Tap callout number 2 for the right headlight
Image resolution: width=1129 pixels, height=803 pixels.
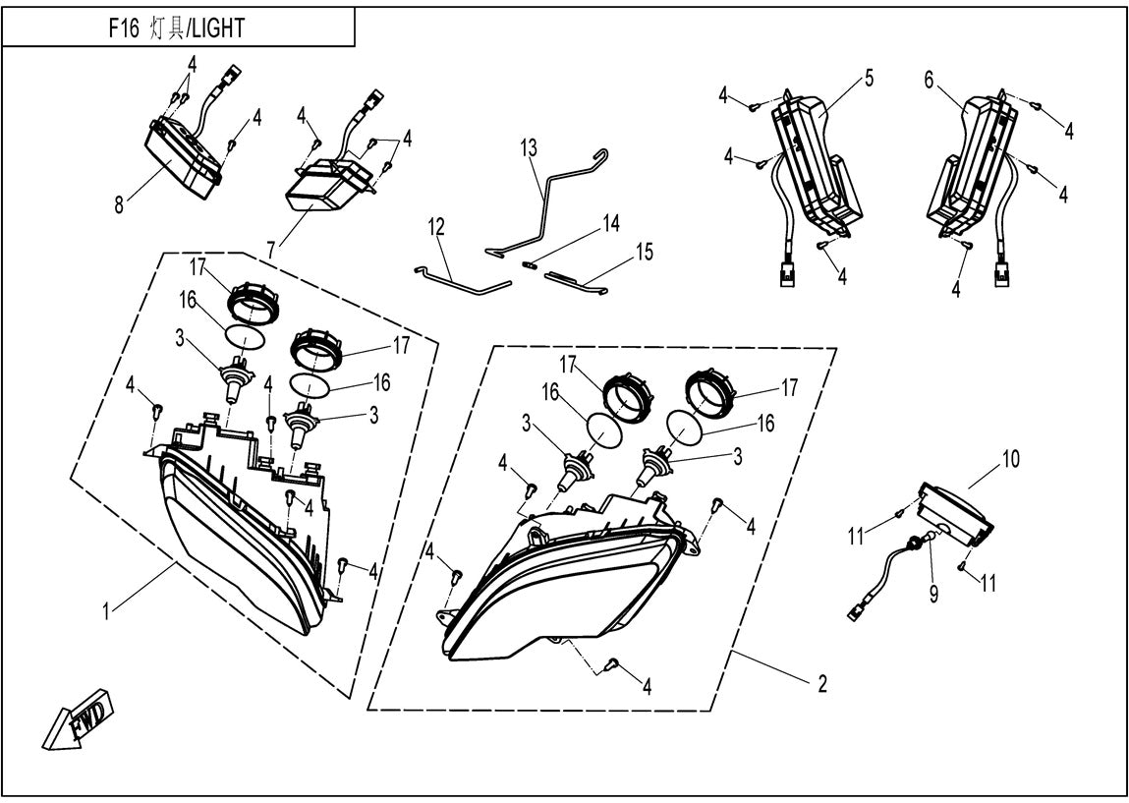click(x=821, y=683)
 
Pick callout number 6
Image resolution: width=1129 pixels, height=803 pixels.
click(x=929, y=83)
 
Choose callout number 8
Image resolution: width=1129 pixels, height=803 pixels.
click(x=119, y=206)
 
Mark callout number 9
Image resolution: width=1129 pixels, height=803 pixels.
click(x=933, y=593)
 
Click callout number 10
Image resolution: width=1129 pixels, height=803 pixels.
click(x=1011, y=458)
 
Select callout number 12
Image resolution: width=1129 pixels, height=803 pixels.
click(x=436, y=228)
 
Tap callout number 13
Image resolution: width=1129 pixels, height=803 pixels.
click(x=529, y=148)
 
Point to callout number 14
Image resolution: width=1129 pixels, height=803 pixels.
click(x=611, y=225)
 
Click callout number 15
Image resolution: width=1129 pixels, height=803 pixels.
click(x=644, y=251)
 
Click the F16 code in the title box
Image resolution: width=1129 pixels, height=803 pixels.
click(x=124, y=29)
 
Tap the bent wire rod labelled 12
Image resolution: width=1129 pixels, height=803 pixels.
click(x=462, y=283)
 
